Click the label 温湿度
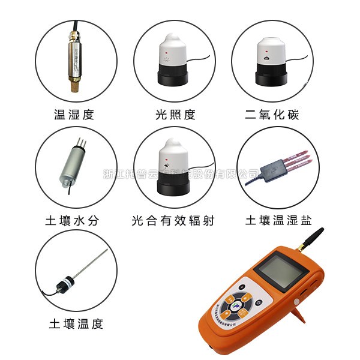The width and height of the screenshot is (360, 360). pyautogui.click(x=74, y=114)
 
